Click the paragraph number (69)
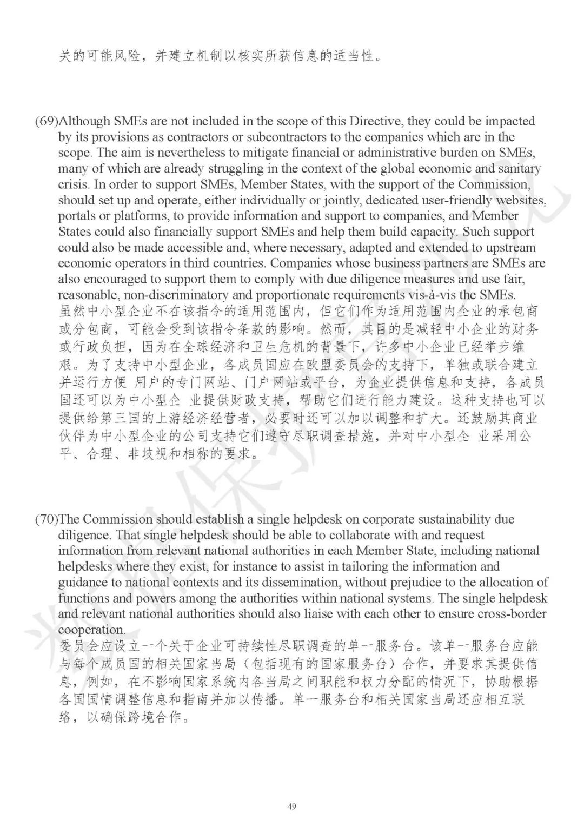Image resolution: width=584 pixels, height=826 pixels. point(46,121)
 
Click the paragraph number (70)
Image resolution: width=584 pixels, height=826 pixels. point(46,520)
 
